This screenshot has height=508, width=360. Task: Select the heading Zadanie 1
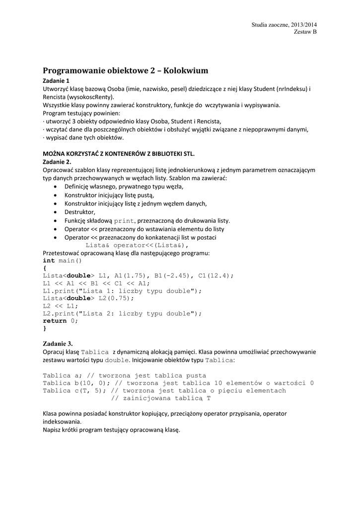click(x=56, y=80)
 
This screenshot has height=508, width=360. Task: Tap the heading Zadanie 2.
click(x=57, y=162)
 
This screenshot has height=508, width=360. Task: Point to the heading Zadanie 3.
click(x=58, y=343)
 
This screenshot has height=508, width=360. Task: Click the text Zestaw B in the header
click(x=305, y=32)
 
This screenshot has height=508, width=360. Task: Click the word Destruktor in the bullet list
click(x=80, y=212)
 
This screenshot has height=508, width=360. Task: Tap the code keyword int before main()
click(x=49, y=260)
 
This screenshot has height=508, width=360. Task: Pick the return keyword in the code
click(x=55, y=321)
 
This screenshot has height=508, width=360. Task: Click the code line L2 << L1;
click(x=61, y=306)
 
